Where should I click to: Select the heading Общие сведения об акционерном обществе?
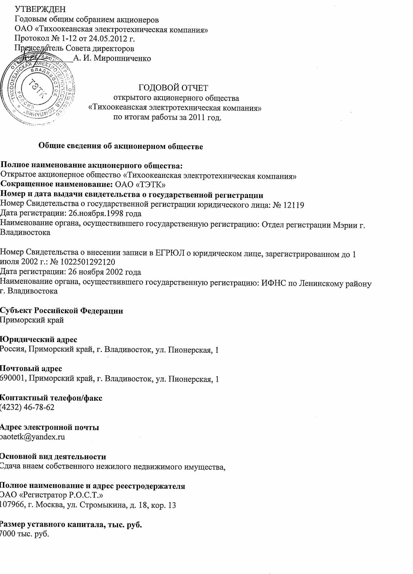pyautogui.click(x=121, y=146)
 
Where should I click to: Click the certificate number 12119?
pyautogui.click(x=294, y=205)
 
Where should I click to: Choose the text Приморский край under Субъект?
pyautogui.click(x=32, y=320)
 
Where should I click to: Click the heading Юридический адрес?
pyautogui.click(x=38, y=339)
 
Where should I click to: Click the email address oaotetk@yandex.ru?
pyautogui.click(x=32, y=437)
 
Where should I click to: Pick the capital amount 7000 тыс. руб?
pyautogui.click(x=24, y=534)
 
